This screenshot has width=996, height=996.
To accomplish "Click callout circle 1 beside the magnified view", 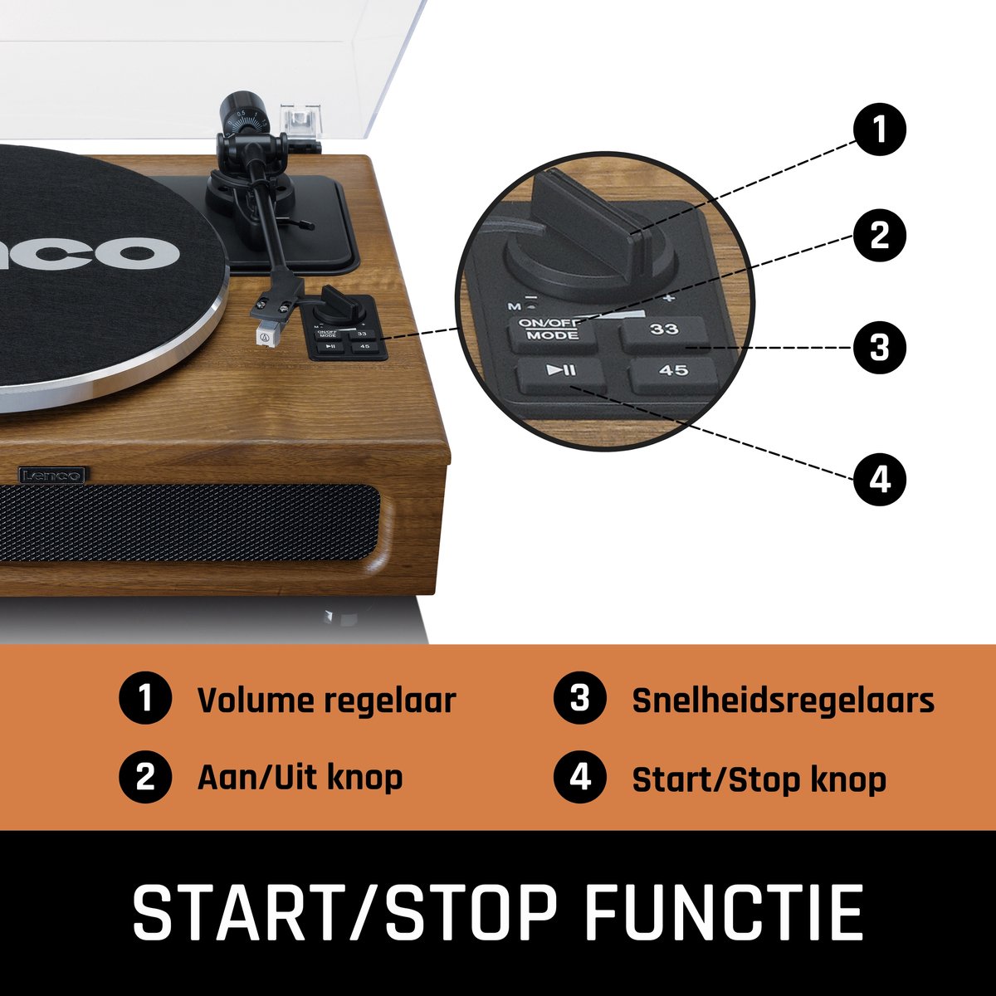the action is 879,129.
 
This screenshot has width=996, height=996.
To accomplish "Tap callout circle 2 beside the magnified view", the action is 879,235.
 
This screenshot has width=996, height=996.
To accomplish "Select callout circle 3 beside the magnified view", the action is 879,347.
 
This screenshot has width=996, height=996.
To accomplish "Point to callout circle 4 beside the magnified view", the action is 879,479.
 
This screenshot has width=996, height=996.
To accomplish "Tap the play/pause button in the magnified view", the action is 561,374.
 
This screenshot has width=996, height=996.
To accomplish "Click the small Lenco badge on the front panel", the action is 52,475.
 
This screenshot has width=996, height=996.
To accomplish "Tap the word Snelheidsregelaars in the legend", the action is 783,701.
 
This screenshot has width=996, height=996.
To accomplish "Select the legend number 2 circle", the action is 145,777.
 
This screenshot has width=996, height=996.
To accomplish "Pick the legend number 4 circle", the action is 580,777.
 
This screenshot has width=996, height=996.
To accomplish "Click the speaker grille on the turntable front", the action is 188,523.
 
